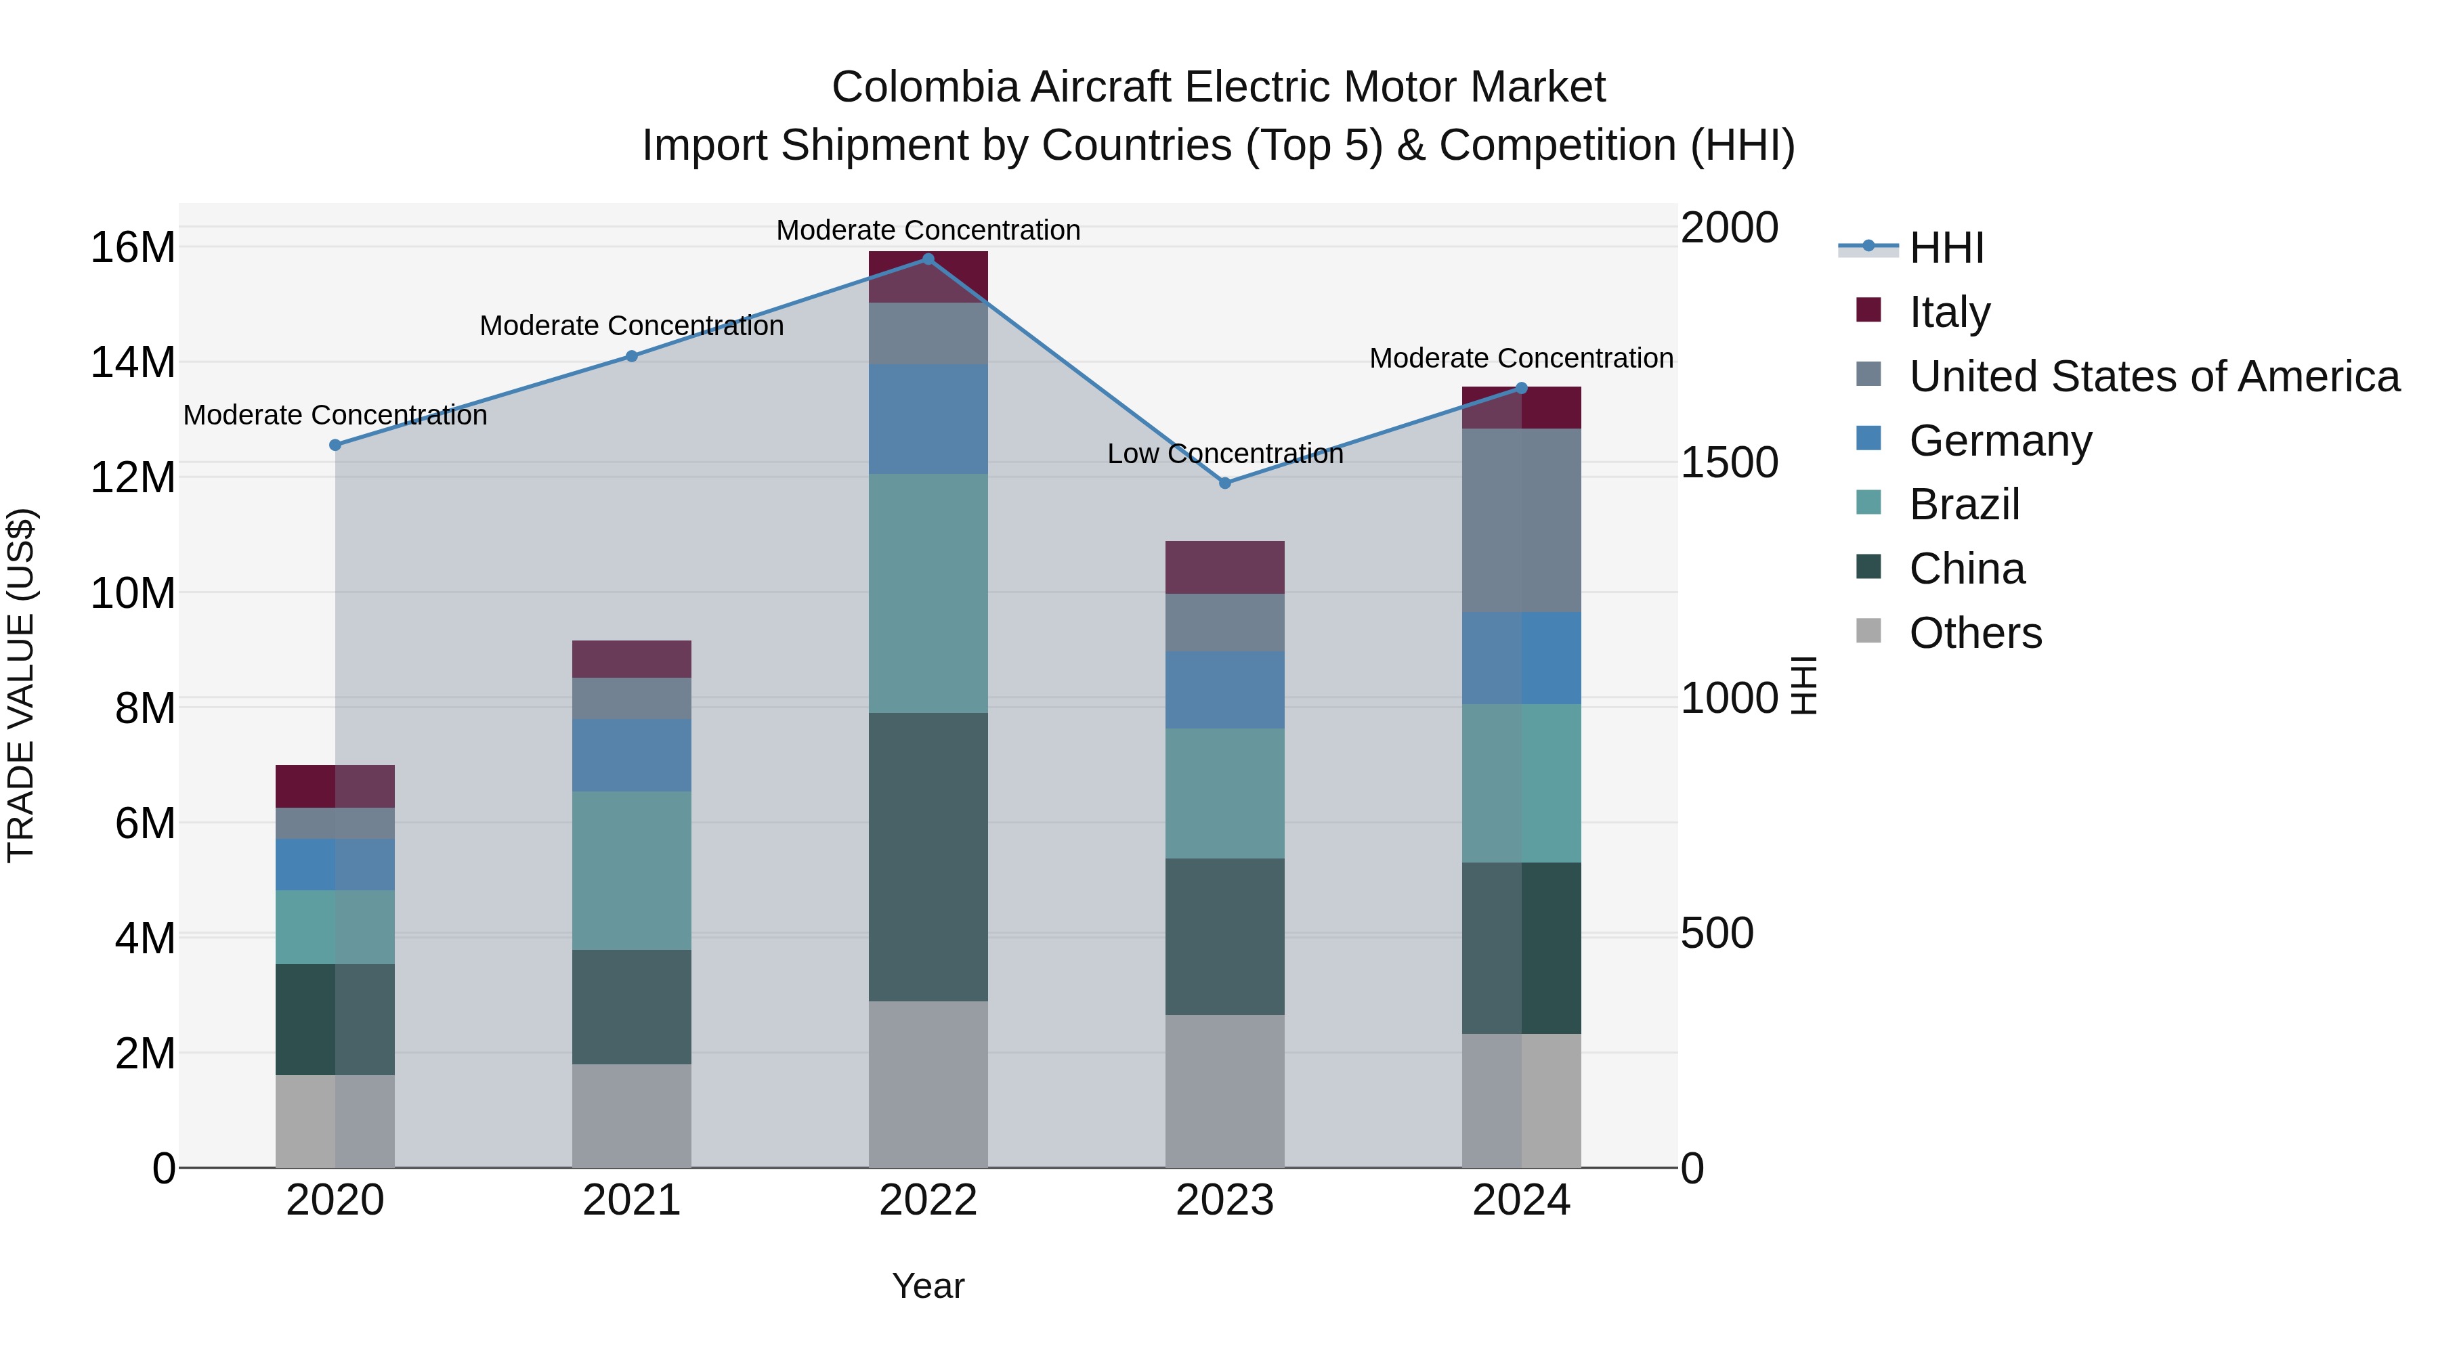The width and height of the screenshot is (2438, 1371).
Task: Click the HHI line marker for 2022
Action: (x=928, y=259)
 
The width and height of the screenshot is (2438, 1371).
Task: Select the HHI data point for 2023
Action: (x=1224, y=483)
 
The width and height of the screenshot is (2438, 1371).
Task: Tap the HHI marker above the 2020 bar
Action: (x=335, y=445)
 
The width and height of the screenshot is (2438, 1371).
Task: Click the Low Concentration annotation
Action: (x=1224, y=454)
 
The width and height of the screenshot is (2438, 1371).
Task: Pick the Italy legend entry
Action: (x=1950, y=311)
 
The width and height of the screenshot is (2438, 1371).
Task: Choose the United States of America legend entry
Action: (x=2153, y=376)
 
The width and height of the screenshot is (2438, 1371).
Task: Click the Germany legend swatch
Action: (x=1868, y=439)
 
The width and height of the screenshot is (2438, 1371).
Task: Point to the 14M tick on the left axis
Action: (x=133, y=362)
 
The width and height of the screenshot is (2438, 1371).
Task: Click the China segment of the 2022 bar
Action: (x=928, y=856)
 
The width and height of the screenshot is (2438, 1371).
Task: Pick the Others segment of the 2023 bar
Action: (x=1224, y=1090)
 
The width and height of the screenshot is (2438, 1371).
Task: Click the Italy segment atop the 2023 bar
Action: (x=1224, y=568)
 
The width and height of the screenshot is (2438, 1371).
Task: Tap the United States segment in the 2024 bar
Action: (x=1521, y=521)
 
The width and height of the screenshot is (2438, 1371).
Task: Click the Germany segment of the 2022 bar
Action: (x=928, y=419)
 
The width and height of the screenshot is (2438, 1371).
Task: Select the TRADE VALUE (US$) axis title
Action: (x=21, y=685)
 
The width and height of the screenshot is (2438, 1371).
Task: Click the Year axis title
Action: (x=928, y=1286)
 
